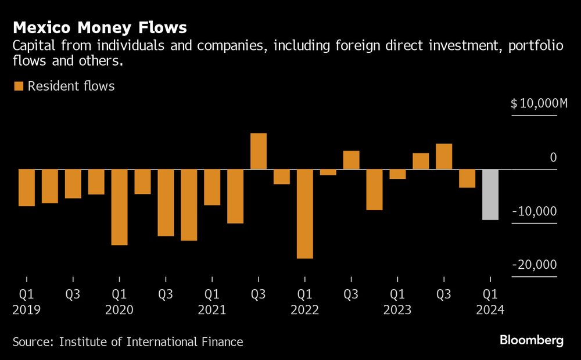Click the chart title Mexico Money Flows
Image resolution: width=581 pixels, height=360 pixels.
coord(100,27)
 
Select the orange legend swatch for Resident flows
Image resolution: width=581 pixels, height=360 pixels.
coord(19,87)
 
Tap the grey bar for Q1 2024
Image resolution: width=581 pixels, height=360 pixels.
coord(490,195)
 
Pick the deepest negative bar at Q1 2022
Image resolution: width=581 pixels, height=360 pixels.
coord(305,214)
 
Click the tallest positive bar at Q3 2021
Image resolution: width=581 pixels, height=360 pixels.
coord(259,151)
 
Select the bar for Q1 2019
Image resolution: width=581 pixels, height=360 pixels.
coord(26,188)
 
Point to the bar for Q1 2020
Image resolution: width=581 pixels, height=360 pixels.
coord(119,207)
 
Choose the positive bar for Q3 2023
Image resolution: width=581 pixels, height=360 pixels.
coord(444,156)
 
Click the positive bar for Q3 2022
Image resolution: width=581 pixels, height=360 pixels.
coord(351,160)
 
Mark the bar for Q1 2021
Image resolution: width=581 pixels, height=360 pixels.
coord(212,187)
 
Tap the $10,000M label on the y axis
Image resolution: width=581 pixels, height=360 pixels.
coord(539,104)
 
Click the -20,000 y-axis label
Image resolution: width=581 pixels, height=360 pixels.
coord(534,265)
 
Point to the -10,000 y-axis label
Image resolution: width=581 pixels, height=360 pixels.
coord(534,211)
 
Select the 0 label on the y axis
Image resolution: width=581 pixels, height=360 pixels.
coord(553,157)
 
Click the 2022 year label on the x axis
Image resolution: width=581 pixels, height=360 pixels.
coord(305,309)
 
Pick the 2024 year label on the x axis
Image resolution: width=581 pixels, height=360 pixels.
coord(490,309)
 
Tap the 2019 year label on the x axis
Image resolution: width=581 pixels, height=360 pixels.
coord(26,309)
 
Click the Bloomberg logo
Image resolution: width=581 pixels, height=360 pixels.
coord(531,341)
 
